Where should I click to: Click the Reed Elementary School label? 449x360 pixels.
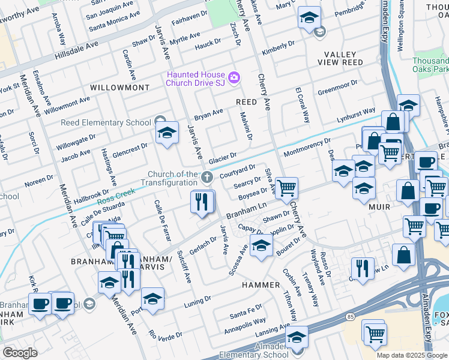[106, 122]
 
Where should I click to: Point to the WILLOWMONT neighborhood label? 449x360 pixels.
[119, 88]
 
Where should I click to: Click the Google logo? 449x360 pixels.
[20, 353]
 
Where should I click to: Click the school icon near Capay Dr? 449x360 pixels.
[261, 245]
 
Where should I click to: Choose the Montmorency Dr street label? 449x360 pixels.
[307, 145]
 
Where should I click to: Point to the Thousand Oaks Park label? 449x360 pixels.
[430, 65]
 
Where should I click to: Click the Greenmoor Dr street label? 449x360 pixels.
[337, 88]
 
